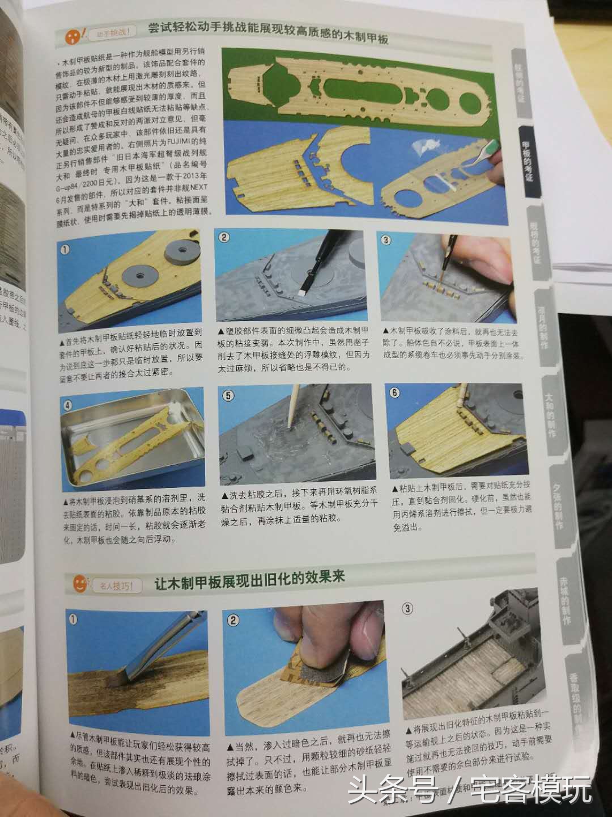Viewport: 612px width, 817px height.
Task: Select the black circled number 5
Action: coord(228,395)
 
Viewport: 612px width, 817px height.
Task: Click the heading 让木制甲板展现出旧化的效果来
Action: coord(249,581)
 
